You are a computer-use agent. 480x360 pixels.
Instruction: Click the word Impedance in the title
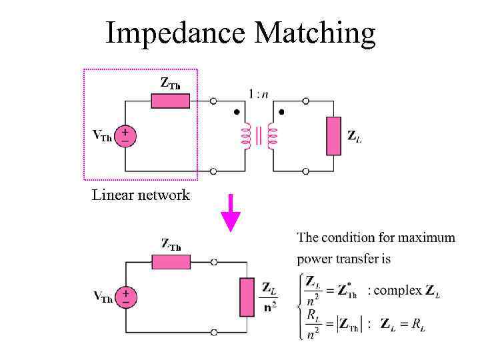(x=175, y=33)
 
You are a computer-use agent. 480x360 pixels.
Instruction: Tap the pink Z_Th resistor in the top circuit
(x=170, y=101)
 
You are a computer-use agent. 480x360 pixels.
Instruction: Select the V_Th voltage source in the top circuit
(x=125, y=136)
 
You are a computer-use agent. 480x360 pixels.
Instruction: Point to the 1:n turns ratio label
(x=259, y=94)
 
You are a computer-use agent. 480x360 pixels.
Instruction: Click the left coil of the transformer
(x=245, y=136)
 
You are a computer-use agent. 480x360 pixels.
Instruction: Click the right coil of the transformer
(x=271, y=136)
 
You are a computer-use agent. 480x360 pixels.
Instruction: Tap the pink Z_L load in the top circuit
(x=333, y=136)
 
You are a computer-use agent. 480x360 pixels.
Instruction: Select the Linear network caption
(x=141, y=195)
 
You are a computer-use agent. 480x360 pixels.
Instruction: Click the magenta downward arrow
(x=230, y=213)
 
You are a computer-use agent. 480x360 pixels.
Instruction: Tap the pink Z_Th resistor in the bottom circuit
(x=171, y=262)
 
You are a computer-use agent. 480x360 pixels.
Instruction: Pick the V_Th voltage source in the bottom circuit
(x=125, y=297)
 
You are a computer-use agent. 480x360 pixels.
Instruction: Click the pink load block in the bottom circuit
(x=247, y=297)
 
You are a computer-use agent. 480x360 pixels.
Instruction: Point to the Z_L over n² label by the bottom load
(x=269, y=297)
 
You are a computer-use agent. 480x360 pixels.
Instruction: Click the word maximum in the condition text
(x=424, y=237)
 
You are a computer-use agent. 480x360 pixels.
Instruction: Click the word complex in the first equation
(x=398, y=291)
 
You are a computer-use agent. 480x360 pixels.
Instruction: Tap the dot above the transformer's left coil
(x=237, y=112)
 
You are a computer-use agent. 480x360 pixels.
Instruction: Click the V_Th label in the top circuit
(x=102, y=137)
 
